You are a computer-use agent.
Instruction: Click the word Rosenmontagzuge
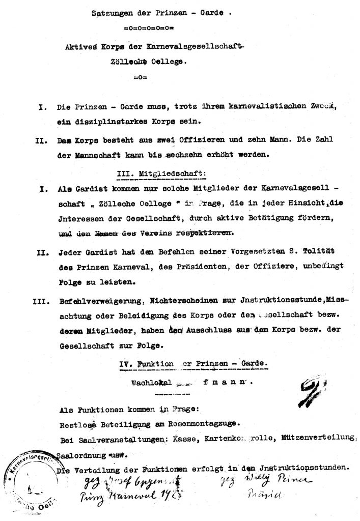[201, 422]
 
